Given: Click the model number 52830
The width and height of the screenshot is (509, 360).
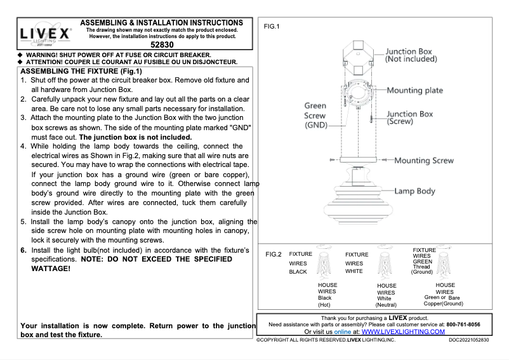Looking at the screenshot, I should (162, 46).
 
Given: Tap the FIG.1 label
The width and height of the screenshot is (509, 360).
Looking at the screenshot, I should (272, 27).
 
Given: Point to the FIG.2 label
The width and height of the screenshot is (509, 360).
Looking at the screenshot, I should (273, 255).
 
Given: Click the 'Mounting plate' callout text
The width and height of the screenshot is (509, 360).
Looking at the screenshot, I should (414, 90).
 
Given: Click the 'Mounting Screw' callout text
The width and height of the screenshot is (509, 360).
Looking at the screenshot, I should (424, 161).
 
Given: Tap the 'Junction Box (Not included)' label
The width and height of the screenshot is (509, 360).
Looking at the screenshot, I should (411, 55).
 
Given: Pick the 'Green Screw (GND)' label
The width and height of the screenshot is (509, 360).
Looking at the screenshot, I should (315, 116).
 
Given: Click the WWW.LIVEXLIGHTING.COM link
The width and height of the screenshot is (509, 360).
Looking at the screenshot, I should (403, 331).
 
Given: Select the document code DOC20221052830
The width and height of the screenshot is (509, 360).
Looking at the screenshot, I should (469, 341).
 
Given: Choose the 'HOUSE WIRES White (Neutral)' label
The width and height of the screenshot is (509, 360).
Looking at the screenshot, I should (385, 295).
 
